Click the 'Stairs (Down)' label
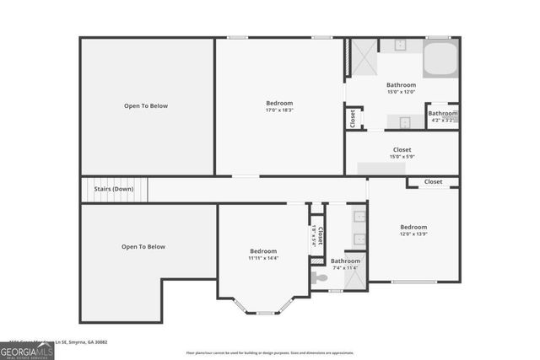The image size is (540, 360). pyautogui.click(x=113, y=189)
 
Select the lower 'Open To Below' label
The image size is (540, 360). pyautogui.click(x=143, y=247)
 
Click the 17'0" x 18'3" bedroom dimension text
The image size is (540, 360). pyautogui.click(x=279, y=110)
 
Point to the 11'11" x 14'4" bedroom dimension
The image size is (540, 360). pyautogui.click(x=263, y=258)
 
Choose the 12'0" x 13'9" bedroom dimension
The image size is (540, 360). pyautogui.click(x=413, y=234)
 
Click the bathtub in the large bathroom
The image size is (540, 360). pyautogui.click(x=440, y=59)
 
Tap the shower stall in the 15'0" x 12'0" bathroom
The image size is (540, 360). pyautogui.click(x=363, y=57)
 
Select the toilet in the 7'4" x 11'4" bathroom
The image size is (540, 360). pyautogui.click(x=319, y=277)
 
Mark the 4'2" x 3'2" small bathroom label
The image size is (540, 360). pyautogui.click(x=442, y=121)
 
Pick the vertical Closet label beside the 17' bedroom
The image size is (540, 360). pyautogui.click(x=353, y=119)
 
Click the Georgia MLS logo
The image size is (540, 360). pyautogui.click(x=27, y=350)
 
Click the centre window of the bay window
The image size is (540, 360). pyautogui.click(x=266, y=313)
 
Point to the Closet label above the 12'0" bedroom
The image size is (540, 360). pyautogui.click(x=433, y=181)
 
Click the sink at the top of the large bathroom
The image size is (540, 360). pyautogui.click(x=396, y=46)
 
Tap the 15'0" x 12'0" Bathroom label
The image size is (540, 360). pyautogui.click(x=401, y=88)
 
